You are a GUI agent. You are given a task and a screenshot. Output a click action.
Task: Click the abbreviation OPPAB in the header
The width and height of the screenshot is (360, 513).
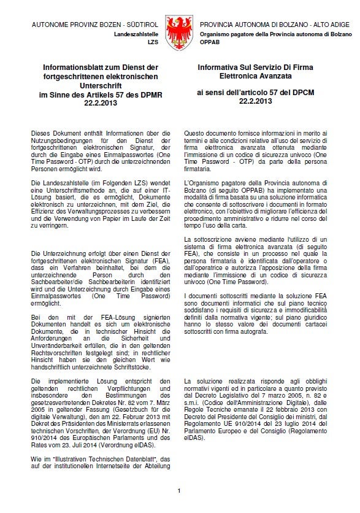[210, 45]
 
